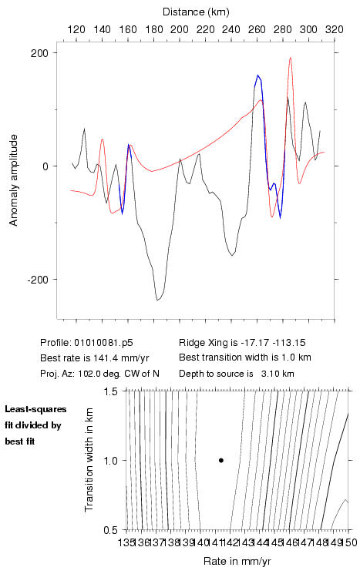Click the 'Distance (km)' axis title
(196, 12)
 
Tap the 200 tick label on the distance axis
(180, 29)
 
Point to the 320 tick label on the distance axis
(335, 29)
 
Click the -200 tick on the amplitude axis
(38, 280)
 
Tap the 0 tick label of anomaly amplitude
(45, 166)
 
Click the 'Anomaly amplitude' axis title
(14, 180)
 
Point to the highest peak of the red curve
(291, 58)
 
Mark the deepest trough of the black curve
(157, 300)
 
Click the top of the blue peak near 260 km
(257, 75)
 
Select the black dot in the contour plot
(221, 461)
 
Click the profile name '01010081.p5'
(103, 343)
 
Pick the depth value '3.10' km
(269, 374)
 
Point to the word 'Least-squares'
(36, 409)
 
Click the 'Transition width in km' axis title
(89, 460)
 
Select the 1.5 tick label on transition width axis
(109, 391)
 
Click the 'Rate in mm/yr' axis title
(237, 561)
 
